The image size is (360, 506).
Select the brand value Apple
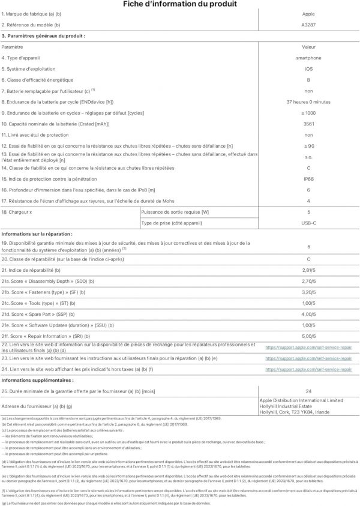coord(308,15)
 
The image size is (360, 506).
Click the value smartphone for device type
coord(308,58)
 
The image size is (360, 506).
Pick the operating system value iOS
coord(308,68)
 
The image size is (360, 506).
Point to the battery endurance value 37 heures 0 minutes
coord(308,101)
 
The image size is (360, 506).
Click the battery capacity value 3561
coord(308,124)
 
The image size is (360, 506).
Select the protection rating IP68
coord(308,179)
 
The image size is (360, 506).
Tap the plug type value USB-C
coord(308,223)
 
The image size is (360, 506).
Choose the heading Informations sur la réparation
coord(37,233)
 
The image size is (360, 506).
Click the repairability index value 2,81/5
coord(308,270)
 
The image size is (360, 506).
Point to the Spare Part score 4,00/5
coord(308,314)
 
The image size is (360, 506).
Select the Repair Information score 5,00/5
coord(308,336)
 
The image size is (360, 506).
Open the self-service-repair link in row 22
coord(308,348)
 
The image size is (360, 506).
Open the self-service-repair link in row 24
coord(308,369)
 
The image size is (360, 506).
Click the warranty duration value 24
coord(308,391)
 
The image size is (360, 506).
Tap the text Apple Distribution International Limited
coord(301,400)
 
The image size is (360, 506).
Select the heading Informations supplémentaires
coord(38,381)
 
